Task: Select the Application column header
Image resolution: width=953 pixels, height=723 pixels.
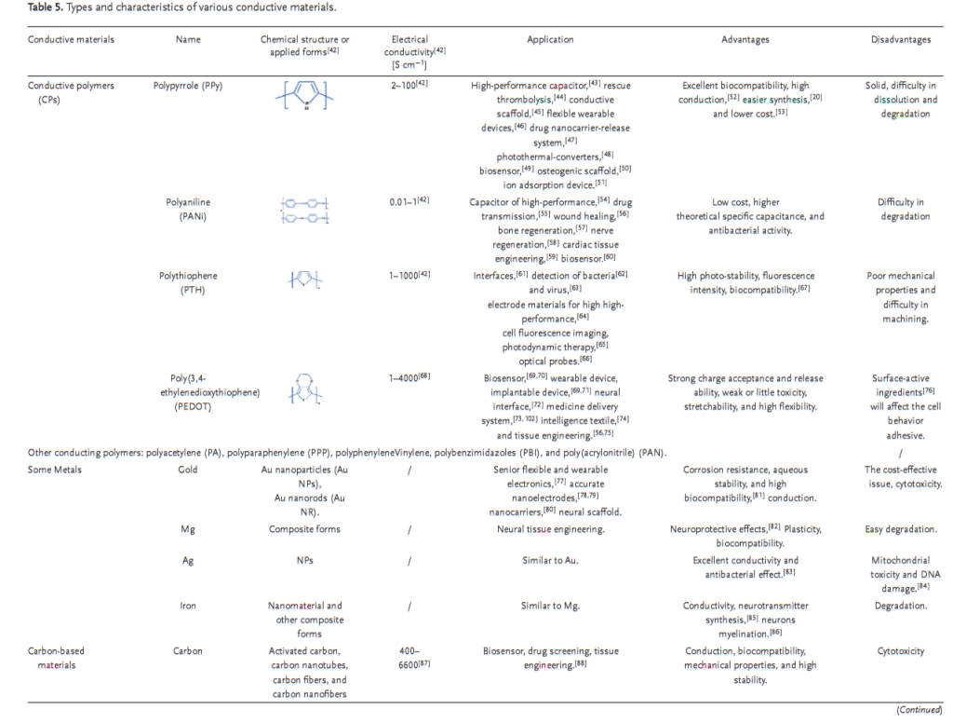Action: click(x=550, y=40)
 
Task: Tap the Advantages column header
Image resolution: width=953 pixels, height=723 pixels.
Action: click(x=745, y=40)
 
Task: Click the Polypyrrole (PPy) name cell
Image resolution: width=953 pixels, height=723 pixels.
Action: click(x=187, y=86)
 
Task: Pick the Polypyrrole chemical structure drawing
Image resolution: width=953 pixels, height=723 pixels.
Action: click(x=304, y=95)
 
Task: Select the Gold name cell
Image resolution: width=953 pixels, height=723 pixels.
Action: click(x=187, y=471)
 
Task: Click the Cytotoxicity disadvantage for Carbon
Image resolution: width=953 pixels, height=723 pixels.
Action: click(x=900, y=651)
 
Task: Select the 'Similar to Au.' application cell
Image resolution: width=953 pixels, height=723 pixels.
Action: click(x=550, y=561)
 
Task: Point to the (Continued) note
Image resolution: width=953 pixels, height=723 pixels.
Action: click(x=919, y=709)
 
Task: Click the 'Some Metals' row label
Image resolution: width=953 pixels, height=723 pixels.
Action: click(x=55, y=471)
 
